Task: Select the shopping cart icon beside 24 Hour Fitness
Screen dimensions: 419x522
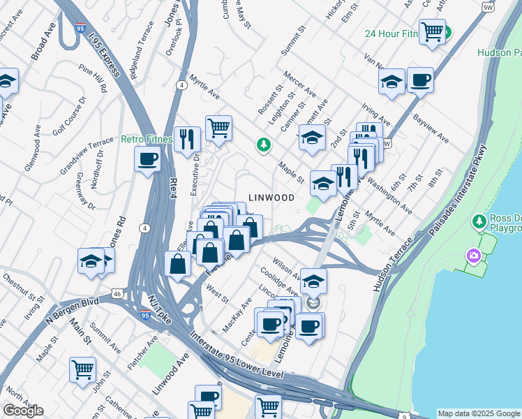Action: (x=433, y=31)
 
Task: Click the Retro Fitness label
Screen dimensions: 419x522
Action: (x=146, y=139)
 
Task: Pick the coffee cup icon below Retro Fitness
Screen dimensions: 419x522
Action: (x=147, y=159)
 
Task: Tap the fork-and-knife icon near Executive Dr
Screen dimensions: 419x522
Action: (x=187, y=139)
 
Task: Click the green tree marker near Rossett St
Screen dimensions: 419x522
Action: (x=263, y=145)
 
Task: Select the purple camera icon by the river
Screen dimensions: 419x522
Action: (x=474, y=256)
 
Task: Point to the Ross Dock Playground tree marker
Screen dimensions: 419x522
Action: (x=479, y=222)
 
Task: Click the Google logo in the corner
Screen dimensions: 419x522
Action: (x=23, y=410)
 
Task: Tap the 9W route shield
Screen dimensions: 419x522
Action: (x=488, y=6)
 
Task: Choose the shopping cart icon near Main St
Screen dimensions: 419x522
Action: (x=82, y=369)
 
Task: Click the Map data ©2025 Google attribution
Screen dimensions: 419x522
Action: (x=479, y=413)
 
